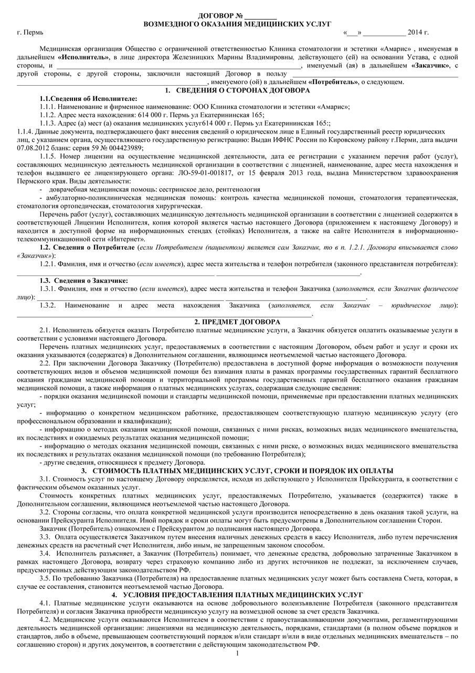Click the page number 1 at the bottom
click(x=237, y=654)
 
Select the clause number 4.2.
click(x=45, y=619)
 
